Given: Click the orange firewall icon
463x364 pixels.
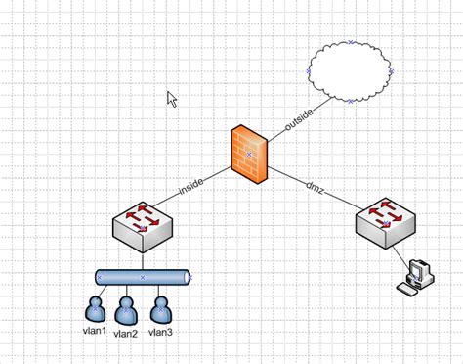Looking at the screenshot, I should coord(249,154).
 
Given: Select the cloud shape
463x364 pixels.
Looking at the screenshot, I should coord(349,71).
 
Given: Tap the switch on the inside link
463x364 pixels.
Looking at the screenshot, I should coord(143,227).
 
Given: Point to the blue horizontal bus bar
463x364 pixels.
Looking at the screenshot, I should coord(143,278).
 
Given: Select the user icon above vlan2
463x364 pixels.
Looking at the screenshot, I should coord(126,310).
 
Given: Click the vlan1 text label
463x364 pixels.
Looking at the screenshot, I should coord(94,330).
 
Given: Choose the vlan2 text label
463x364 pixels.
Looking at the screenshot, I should coord(126,334).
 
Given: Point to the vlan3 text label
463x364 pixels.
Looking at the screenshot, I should coord(160,332).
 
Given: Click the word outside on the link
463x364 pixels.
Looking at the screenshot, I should coord(299,118).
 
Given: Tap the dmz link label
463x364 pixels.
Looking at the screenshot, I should coord(315,186).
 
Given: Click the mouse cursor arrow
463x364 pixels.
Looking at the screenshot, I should coord(172,98).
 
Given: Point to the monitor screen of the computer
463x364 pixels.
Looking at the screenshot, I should coord(418,270).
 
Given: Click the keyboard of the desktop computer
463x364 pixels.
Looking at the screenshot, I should coord(407,288).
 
